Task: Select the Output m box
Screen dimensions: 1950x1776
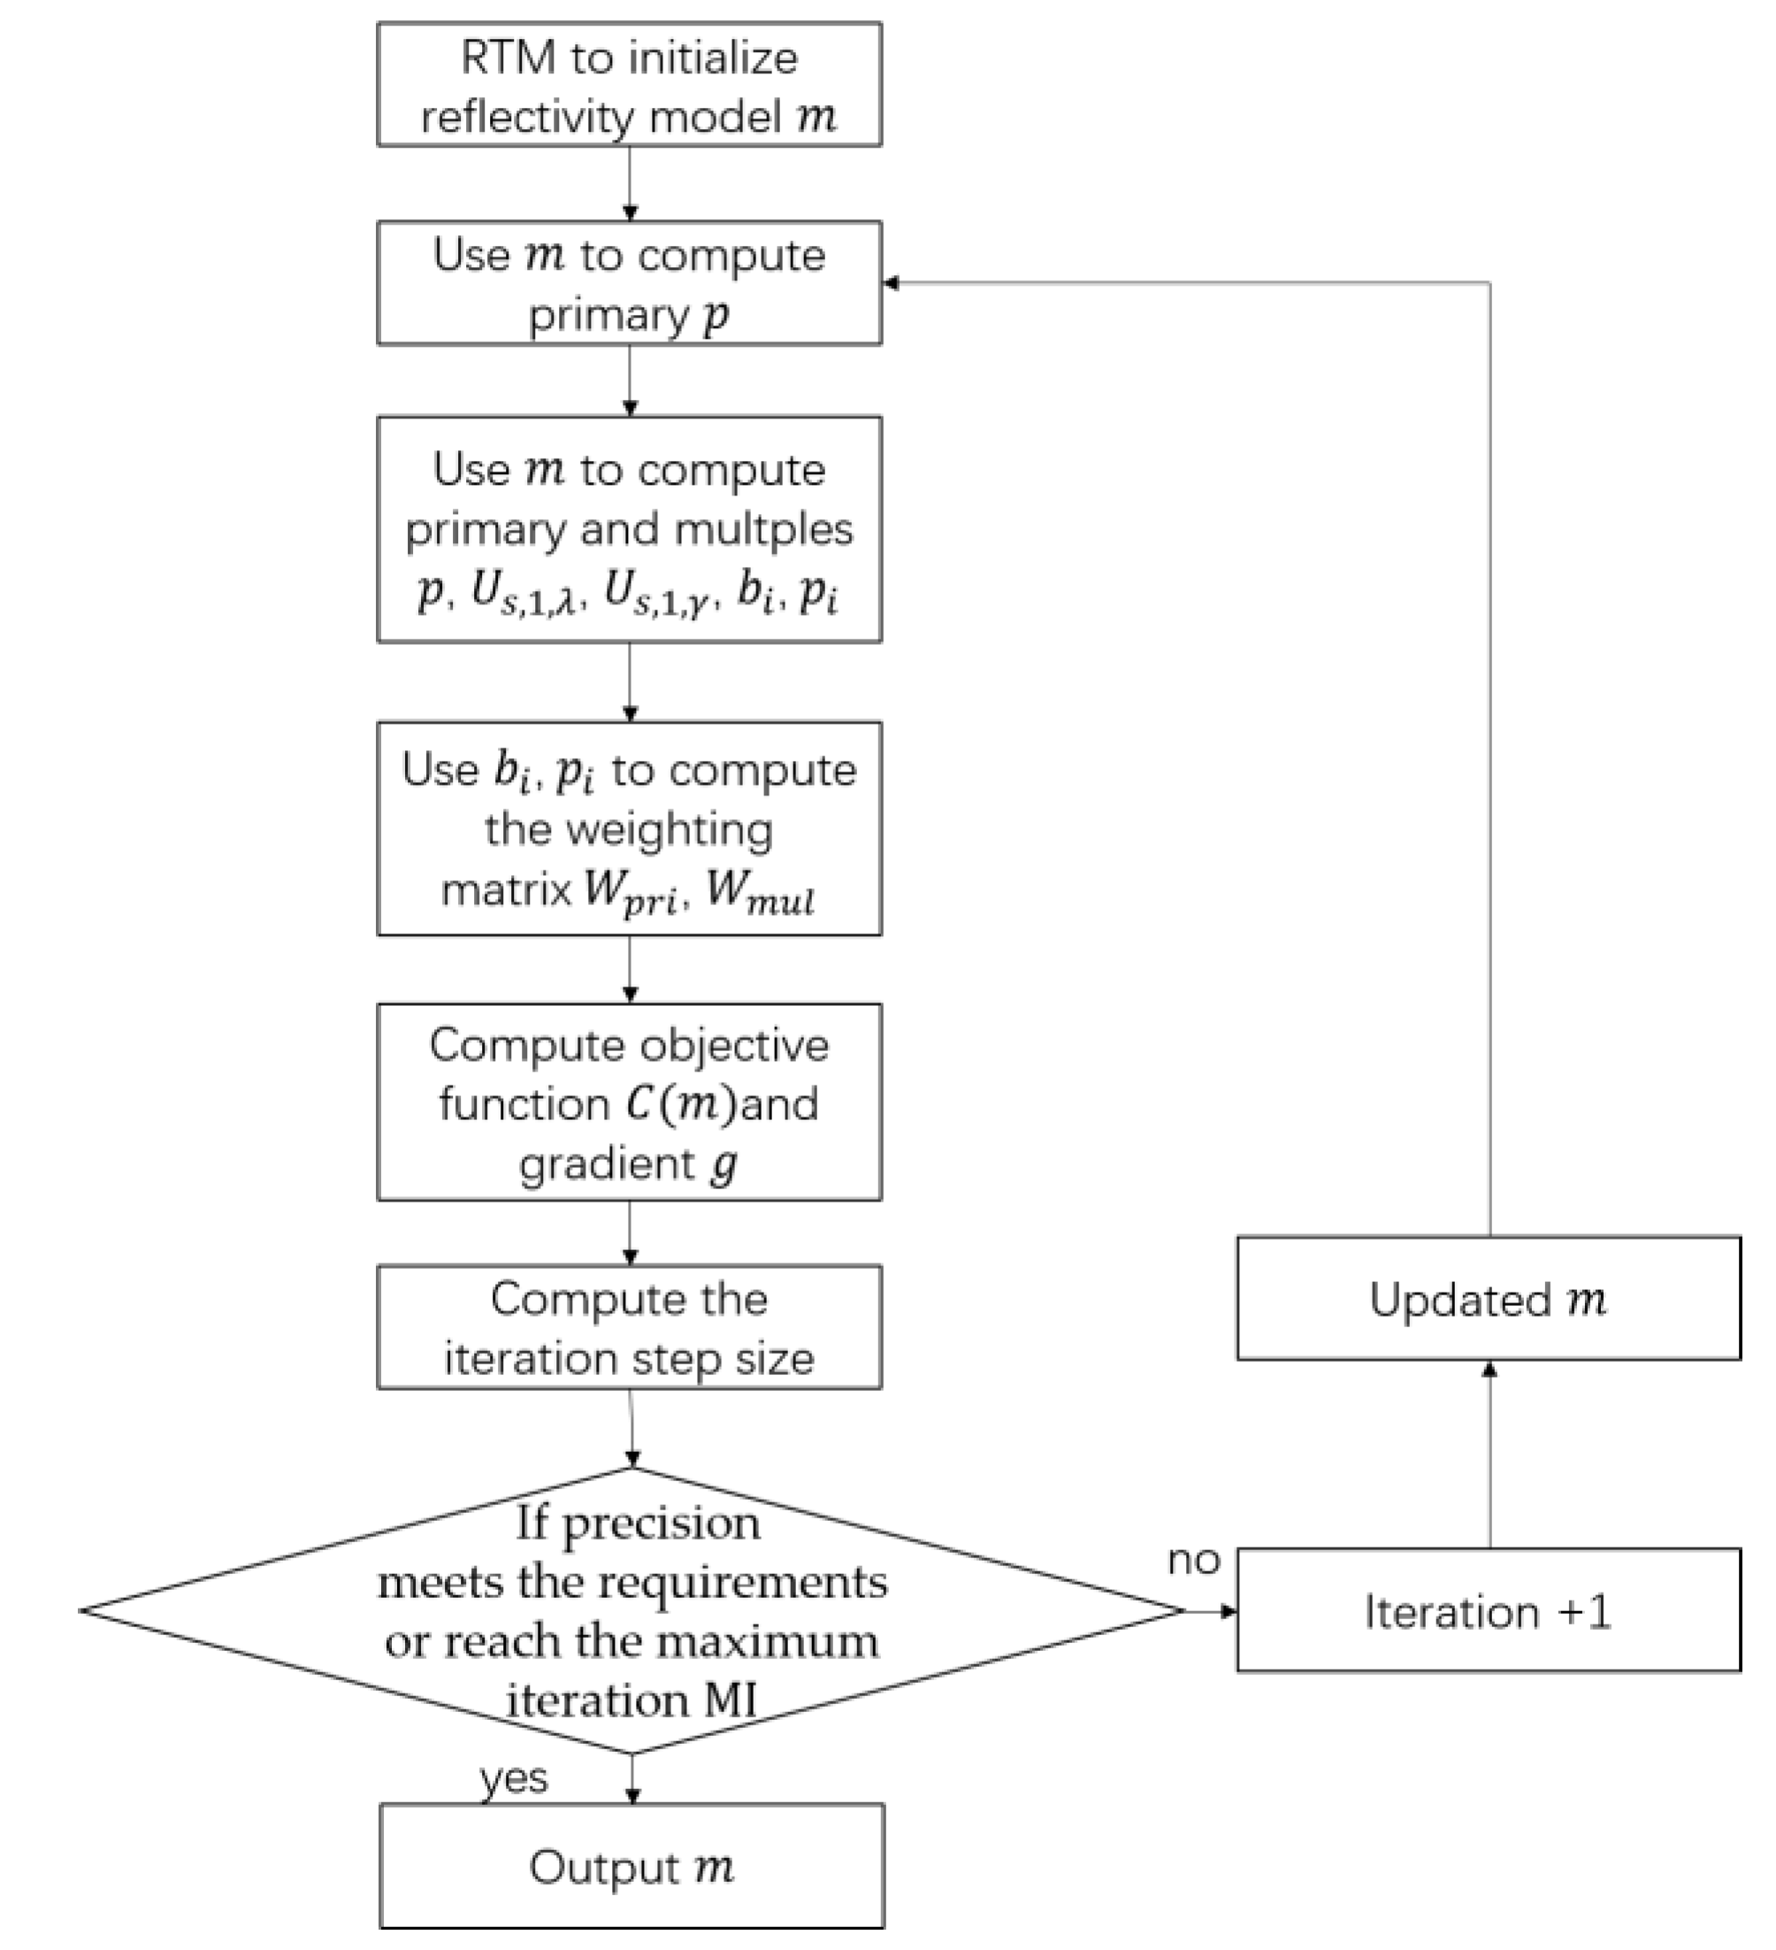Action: coord(632,1868)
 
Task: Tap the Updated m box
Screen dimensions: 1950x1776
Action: coord(1488,1299)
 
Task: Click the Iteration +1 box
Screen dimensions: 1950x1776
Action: coord(1488,1611)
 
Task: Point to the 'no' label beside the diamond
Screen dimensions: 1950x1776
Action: coord(1194,1559)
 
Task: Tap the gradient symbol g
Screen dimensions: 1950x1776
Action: coord(723,1164)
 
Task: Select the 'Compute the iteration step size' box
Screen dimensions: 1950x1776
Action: coord(630,1328)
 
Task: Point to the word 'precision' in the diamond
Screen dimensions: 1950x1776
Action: coord(662,1524)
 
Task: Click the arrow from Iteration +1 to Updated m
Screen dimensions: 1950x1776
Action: coord(1489,1455)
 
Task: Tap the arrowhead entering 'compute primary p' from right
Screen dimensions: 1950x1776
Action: coord(891,282)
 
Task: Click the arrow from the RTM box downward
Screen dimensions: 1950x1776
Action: coord(630,184)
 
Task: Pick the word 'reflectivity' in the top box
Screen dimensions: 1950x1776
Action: coord(526,118)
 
